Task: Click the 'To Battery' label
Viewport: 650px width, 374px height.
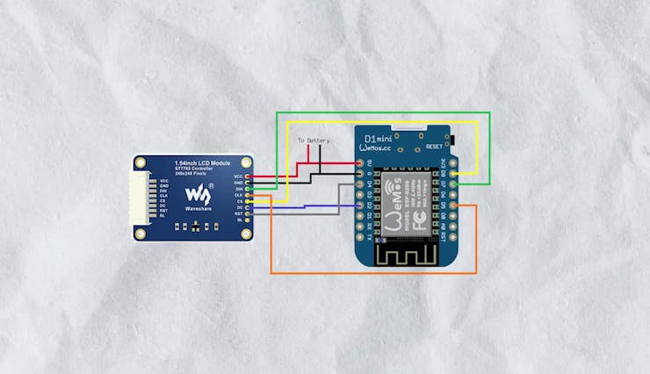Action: (x=313, y=140)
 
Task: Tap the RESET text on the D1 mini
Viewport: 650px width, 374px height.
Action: (x=435, y=147)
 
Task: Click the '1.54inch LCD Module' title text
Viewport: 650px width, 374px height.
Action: (x=203, y=163)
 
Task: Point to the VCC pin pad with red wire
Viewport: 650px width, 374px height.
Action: (x=249, y=177)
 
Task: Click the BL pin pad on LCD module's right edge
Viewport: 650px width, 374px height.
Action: (x=249, y=219)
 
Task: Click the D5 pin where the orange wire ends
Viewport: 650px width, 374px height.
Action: (x=454, y=206)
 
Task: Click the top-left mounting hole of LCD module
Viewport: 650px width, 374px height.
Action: (x=141, y=162)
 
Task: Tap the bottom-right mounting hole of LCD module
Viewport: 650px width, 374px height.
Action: (x=247, y=234)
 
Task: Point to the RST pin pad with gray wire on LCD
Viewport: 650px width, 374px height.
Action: (x=249, y=212)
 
